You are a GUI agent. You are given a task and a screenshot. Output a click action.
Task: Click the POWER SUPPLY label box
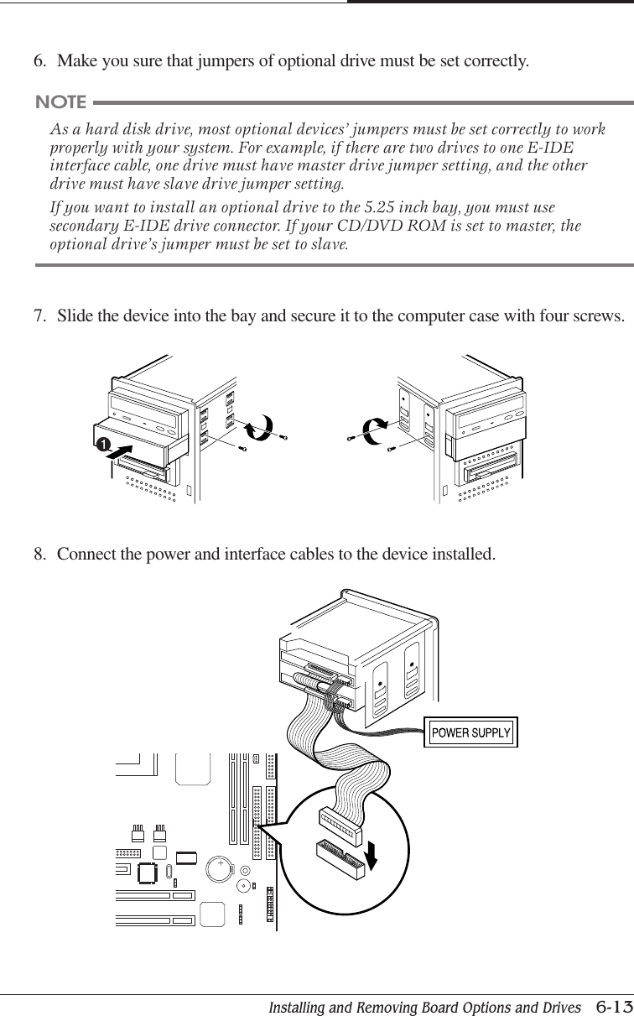click(470, 732)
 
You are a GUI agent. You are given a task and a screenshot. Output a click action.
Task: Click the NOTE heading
click(60, 102)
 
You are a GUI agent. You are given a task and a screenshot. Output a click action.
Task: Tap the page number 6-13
click(611, 1004)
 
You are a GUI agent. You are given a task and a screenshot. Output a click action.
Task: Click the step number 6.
click(39, 61)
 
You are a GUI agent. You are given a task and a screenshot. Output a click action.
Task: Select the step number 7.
click(39, 316)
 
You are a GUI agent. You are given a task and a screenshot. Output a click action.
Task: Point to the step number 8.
click(39, 555)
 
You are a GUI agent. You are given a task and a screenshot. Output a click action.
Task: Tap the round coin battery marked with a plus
click(221, 868)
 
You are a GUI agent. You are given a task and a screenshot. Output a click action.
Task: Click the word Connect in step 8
click(83, 555)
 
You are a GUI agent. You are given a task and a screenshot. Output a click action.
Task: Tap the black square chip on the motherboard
click(148, 873)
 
